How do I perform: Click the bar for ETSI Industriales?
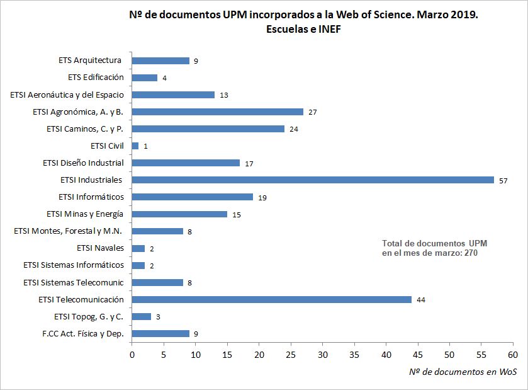(x=313, y=180)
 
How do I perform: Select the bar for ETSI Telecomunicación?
(x=271, y=299)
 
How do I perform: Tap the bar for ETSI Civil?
(x=135, y=146)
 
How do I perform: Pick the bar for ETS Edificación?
(x=145, y=77)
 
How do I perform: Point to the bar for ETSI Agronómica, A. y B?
(x=217, y=112)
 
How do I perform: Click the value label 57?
(x=503, y=180)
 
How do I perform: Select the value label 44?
(x=421, y=300)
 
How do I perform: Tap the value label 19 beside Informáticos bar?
(x=262, y=197)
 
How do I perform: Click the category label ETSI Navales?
(x=100, y=248)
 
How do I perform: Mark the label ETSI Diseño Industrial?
(x=83, y=163)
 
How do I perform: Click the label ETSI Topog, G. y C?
(x=89, y=316)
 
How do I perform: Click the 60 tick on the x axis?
(x=514, y=355)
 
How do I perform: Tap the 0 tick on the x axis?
(x=132, y=355)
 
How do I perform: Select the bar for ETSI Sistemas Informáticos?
(x=138, y=265)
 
